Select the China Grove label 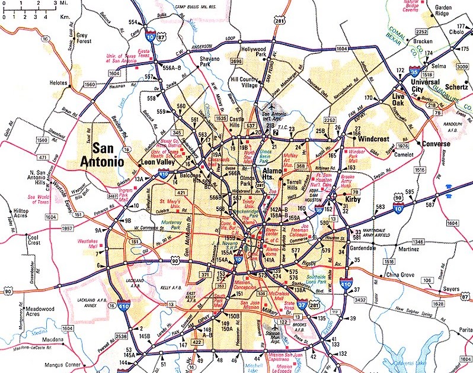point(400,275)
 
